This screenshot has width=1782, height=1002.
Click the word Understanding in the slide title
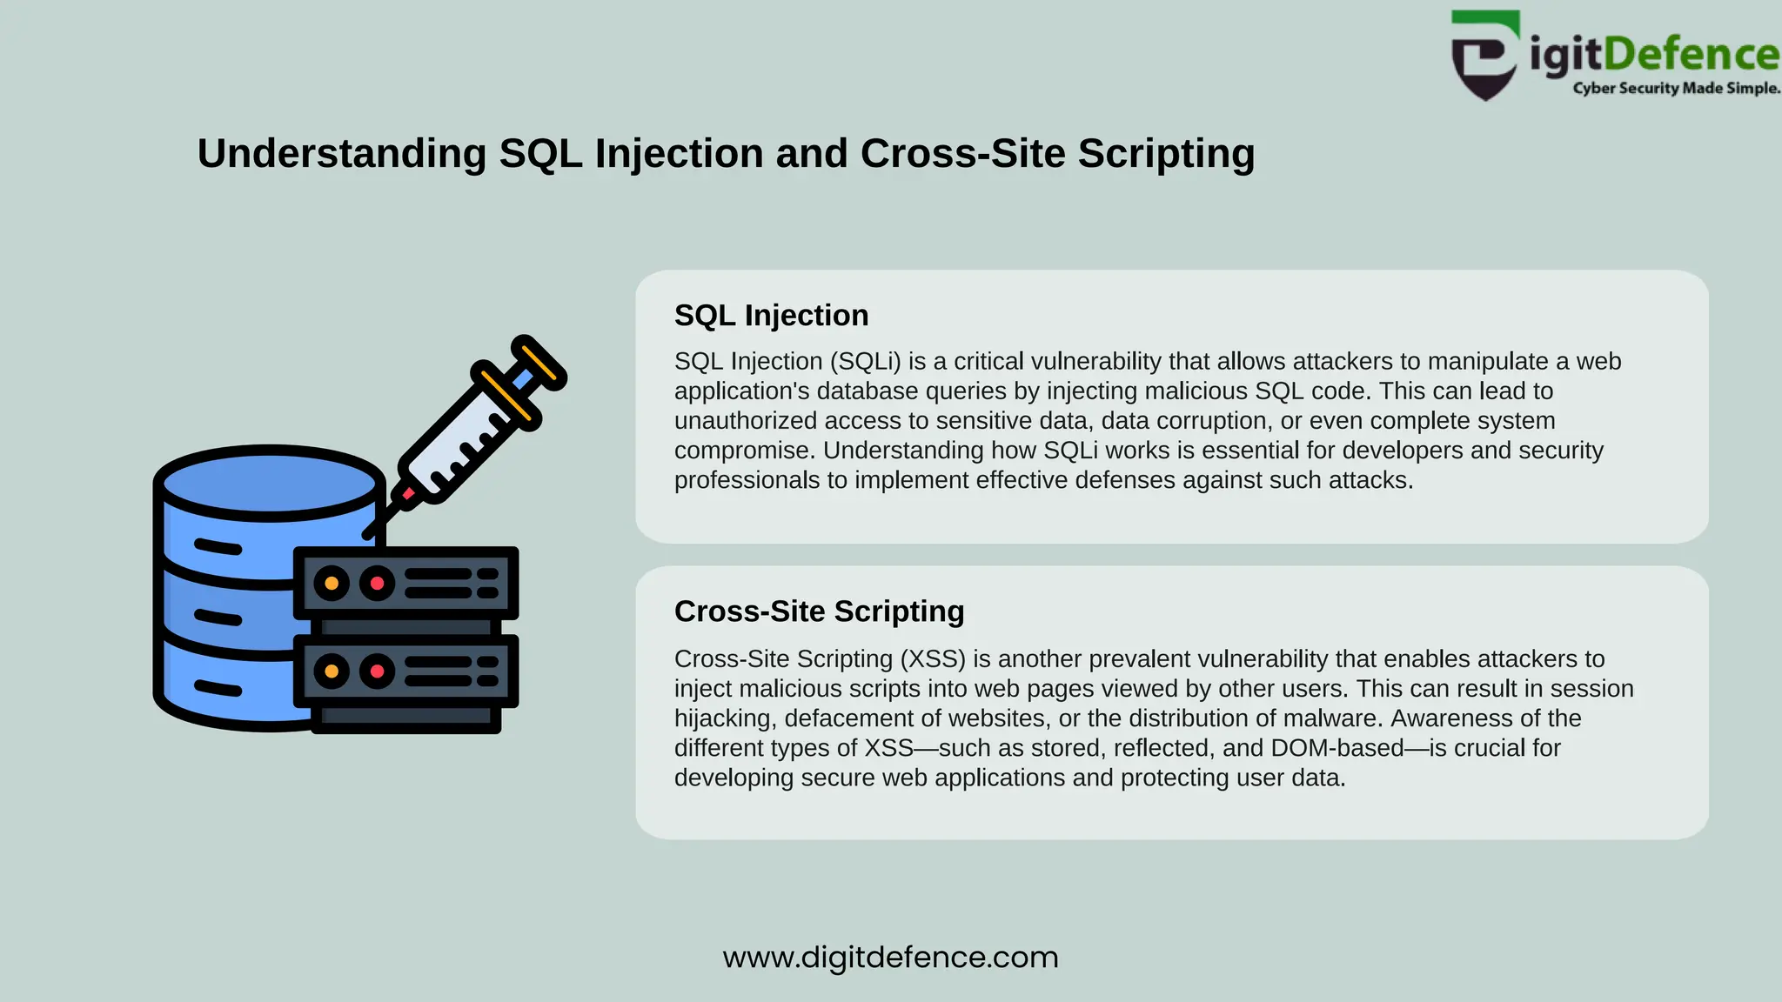(x=341, y=154)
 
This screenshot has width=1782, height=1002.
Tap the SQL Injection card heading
(x=771, y=315)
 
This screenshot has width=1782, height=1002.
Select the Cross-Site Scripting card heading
(x=819, y=611)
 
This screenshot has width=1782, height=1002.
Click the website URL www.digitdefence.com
(x=890, y=957)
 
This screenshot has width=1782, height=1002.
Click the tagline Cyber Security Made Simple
(x=1676, y=88)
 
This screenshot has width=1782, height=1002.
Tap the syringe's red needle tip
(x=407, y=494)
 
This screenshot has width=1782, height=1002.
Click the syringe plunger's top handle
(x=539, y=362)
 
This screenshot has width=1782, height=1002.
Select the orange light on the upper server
(x=332, y=583)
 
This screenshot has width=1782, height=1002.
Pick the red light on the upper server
(x=377, y=583)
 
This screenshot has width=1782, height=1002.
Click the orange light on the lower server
(x=332, y=671)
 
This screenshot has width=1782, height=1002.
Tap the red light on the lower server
(x=377, y=671)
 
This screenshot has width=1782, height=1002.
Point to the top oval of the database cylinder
(x=270, y=483)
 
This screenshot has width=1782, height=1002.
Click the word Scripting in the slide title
(x=1166, y=154)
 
